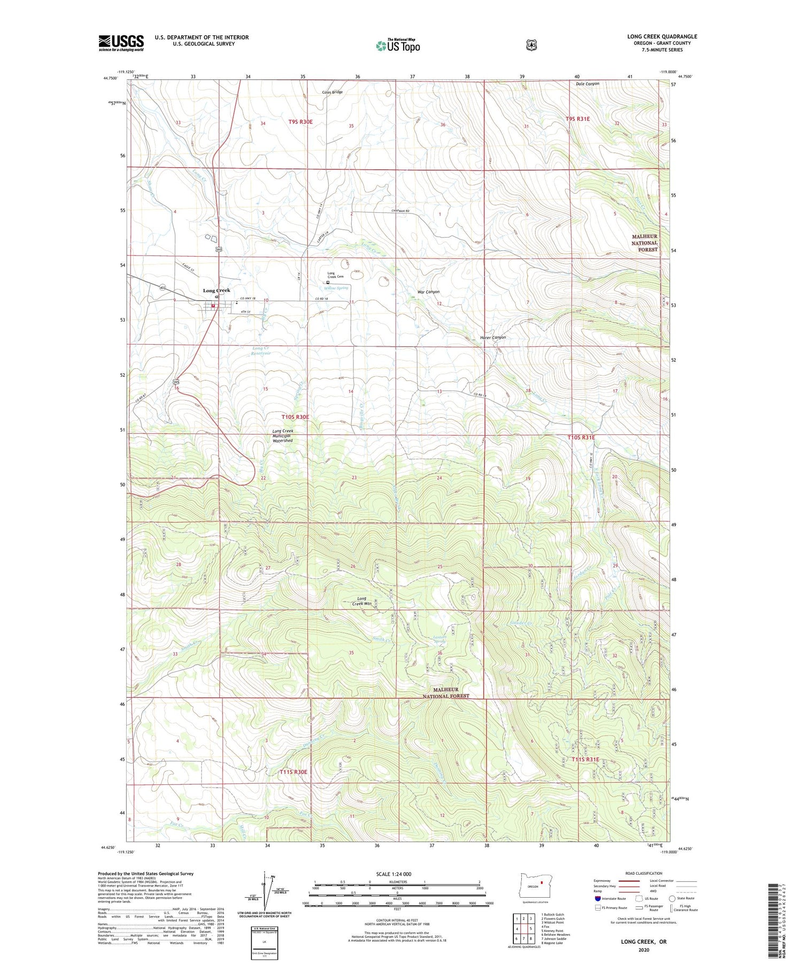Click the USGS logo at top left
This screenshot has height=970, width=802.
[x=121, y=43]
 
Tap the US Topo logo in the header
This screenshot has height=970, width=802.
[x=398, y=45]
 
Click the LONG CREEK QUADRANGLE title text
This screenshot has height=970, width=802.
[x=662, y=37]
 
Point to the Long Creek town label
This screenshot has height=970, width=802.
[x=216, y=291]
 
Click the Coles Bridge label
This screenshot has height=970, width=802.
[x=332, y=92]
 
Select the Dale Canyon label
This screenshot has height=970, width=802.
[x=587, y=84]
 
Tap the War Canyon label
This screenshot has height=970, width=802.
[x=428, y=292]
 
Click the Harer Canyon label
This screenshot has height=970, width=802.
[x=492, y=338]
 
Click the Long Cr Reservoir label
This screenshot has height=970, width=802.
[x=261, y=351]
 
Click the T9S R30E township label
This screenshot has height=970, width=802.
[x=300, y=122]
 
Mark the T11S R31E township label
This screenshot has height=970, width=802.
[x=585, y=760]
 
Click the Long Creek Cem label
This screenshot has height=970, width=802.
[x=335, y=275]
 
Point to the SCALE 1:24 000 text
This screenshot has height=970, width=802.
[x=394, y=874]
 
